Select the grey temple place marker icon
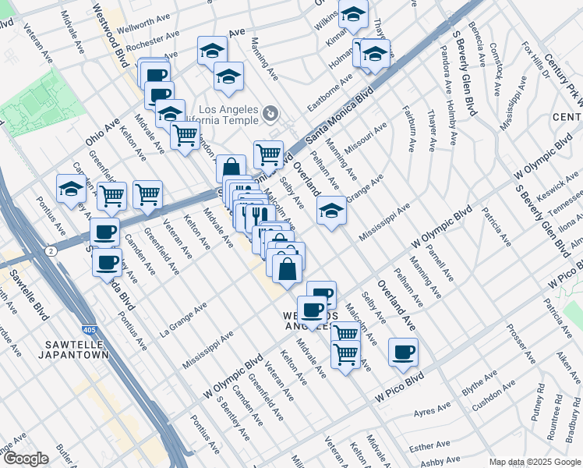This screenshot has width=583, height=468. click(270, 114)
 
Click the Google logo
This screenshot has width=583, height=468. click(25, 459)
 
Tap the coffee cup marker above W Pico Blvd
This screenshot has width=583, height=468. click(403, 353)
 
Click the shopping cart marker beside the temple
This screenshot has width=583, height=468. click(268, 154)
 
